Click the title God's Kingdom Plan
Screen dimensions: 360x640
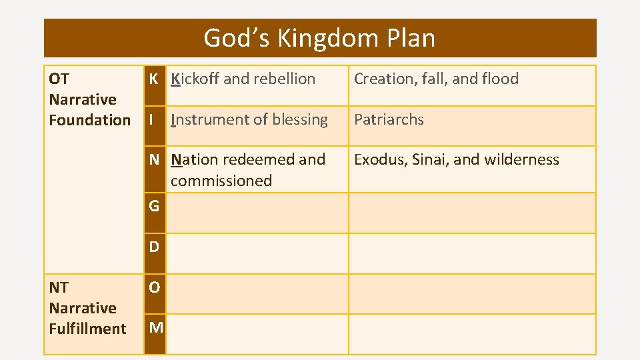(x=319, y=38)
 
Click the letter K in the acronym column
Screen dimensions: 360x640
(x=153, y=79)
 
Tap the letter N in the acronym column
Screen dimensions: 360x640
(x=154, y=160)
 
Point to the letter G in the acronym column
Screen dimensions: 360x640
(x=154, y=206)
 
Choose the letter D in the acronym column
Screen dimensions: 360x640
(x=154, y=247)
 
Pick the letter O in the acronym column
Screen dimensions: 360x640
(x=154, y=287)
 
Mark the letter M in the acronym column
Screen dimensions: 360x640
(x=155, y=327)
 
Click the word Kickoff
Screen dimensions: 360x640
(x=195, y=79)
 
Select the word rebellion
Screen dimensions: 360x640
(x=284, y=79)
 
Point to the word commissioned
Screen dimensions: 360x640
(x=221, y=181)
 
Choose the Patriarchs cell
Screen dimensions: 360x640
(x=389, y=120)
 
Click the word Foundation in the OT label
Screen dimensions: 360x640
(x=90, y=120)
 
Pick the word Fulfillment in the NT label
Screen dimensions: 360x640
(x=87, y=329)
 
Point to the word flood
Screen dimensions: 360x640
(x=500, y=79)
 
